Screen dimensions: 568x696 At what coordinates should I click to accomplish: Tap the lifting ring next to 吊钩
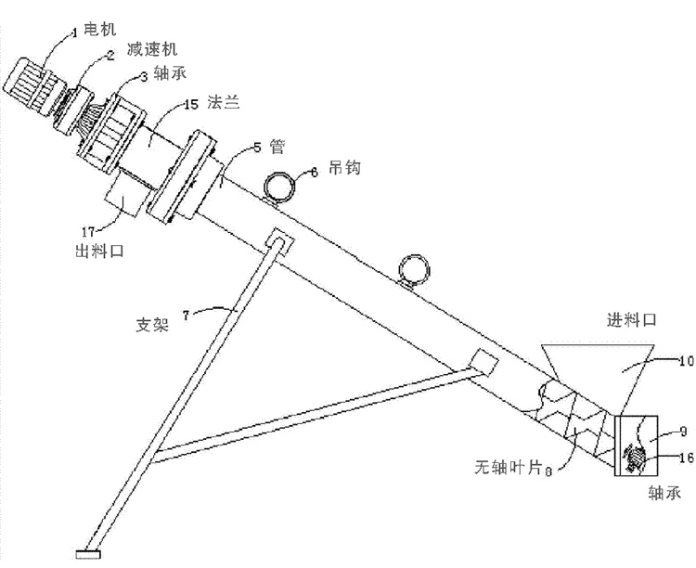pyautogui.click(x=279, y=186)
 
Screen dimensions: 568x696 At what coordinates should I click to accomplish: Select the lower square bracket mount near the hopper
pyautogui.click(x=483, y=359)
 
